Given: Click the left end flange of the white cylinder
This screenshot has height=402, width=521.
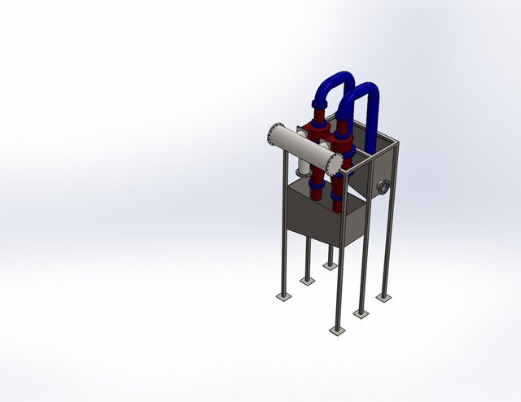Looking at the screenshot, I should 274,133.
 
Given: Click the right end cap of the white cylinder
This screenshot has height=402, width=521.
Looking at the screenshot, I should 335,162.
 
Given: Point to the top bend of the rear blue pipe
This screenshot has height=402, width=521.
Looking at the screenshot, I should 331,81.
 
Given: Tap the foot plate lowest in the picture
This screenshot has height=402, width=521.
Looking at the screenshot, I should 337,330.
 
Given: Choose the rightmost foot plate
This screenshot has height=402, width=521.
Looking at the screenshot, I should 383,298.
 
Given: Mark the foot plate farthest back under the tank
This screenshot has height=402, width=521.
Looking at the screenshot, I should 329,265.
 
